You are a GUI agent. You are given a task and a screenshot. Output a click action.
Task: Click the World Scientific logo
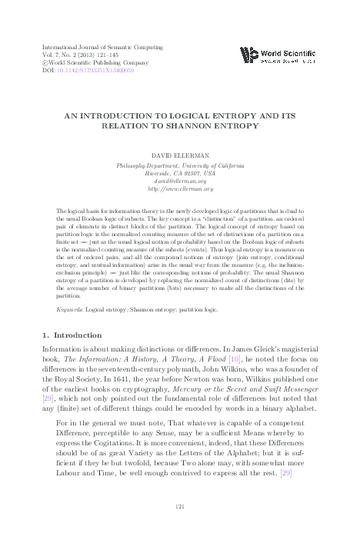[x=278, y=55]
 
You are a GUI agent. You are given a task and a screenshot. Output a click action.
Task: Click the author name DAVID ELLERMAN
[x=180, y=156]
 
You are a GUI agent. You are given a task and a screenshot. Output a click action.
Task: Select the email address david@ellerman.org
[x=180, y=181]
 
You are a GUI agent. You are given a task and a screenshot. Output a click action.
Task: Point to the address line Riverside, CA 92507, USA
[x=180, y=173]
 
